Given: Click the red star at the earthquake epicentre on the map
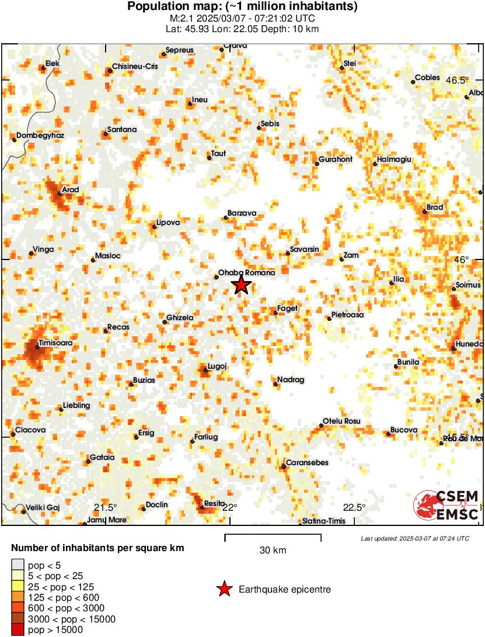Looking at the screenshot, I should (241, 285).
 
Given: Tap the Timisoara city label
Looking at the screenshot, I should (55, 343).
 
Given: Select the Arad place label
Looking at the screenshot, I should (70, 189).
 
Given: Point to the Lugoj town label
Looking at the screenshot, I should (217, 366).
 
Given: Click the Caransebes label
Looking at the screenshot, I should (307, 463).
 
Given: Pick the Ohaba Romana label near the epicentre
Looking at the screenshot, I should (246, 273).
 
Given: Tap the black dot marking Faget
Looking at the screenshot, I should (275, 313).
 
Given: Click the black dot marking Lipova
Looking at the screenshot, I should (154, 227).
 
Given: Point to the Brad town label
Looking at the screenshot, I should (435, 207).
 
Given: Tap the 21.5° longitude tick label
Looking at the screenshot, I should (106, 507).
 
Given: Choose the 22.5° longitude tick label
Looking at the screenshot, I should (354, 507).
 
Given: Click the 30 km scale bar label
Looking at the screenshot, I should (273, 551).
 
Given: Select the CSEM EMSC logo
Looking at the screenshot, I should (446, 506).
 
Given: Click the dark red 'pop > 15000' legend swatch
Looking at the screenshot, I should (18, 630).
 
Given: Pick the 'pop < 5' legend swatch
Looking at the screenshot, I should (18, 565).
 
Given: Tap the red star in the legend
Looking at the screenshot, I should (224, 590).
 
